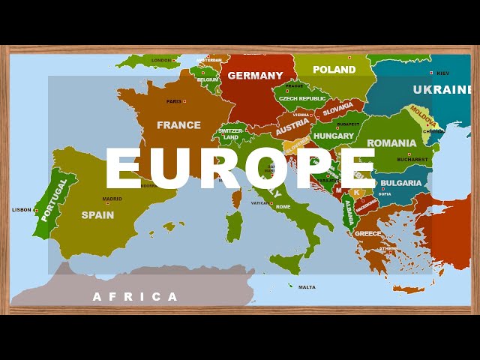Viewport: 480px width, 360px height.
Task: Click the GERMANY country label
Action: click(x=255, y=75)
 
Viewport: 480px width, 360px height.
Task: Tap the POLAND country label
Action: click(x=334, y=70)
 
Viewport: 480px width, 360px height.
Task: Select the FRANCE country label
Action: click(x=178, y=125)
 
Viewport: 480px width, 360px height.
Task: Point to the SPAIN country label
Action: click(x=97, y=214)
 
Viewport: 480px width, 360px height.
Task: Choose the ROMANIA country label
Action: click(x=391, y=142)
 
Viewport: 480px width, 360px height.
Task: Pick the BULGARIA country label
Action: click(x=401, y=183)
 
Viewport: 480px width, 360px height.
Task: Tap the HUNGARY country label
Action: click(x=334, y=136)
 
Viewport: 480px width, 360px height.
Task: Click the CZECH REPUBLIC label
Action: click(x=302, y=98)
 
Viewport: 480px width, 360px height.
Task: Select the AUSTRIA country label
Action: click(x=292, y=127)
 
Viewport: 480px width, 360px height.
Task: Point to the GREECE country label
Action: click(x=367, y=233)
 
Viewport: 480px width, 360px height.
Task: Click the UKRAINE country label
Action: click(x=442, y=90)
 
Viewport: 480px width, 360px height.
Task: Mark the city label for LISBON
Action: click(x=22, y=210)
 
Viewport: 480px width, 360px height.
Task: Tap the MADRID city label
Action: click(x=112, y=199)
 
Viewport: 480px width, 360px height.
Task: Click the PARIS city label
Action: click(x=174, y=101)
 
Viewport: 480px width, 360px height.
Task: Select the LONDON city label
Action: click(x=161, y=61)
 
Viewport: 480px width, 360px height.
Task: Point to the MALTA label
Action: click(x=307, y=287)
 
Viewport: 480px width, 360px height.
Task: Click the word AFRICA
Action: click(x=135, y=296)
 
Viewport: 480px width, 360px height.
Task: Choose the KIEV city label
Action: click(x=442, y=73)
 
